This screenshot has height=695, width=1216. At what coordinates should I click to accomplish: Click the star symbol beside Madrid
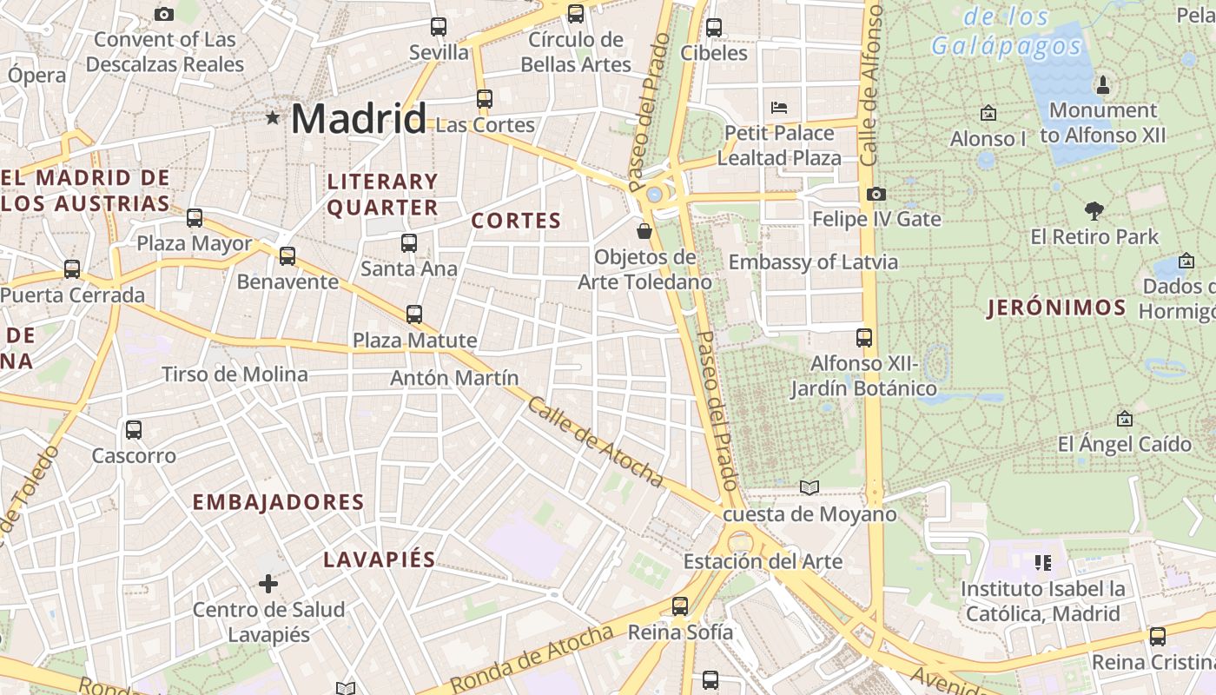273,117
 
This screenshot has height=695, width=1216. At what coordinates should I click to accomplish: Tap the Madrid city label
358,118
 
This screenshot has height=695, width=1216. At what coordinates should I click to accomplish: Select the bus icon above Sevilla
439,27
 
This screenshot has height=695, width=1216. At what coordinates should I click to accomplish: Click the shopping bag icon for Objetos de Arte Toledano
644,231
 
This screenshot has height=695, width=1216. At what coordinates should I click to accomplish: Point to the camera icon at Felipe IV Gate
876,194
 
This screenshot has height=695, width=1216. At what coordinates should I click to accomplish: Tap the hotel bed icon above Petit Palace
779,108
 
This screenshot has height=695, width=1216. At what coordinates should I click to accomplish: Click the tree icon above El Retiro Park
1094,210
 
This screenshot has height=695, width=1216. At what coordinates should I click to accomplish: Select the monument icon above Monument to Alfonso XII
1103,84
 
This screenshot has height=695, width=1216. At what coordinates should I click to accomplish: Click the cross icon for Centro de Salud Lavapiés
268,583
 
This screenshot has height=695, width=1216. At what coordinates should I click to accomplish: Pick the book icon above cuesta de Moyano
810,487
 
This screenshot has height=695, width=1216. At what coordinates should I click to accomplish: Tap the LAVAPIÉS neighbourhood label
379,559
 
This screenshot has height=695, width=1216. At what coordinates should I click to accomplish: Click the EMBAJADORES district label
278,502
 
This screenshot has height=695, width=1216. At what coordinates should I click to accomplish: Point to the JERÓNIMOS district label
1056,308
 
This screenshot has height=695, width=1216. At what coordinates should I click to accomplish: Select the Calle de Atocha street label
595,442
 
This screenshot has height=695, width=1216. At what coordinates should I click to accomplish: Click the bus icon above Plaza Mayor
195,218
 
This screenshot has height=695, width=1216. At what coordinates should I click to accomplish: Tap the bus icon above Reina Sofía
680,606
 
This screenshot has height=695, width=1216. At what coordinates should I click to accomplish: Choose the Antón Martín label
454,378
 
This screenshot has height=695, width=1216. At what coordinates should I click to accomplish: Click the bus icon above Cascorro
134,429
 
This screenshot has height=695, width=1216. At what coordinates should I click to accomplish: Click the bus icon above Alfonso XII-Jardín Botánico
864,338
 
